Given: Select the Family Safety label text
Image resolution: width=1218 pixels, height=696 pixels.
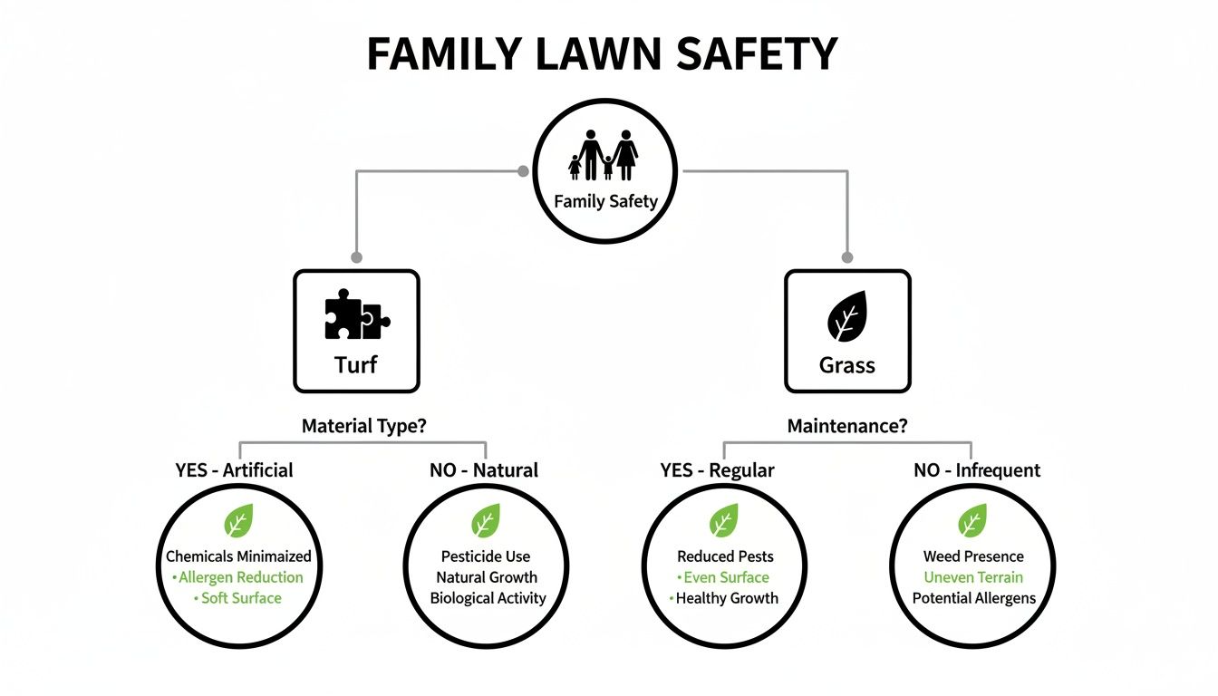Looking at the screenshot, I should (x=604, y=201).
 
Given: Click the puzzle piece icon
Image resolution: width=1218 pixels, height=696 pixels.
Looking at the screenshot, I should (x=356, y=316).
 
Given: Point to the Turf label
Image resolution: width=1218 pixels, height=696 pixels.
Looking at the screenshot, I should (x=356, y=365).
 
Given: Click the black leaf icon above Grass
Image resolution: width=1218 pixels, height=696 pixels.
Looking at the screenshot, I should (x=846, y=316).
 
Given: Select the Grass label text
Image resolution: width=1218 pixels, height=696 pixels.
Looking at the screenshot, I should (x=846, y=365).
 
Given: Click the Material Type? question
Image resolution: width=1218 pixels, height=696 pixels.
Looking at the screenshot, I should (x=363, y=426).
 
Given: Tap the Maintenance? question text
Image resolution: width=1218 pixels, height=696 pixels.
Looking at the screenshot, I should (x=846, y=426).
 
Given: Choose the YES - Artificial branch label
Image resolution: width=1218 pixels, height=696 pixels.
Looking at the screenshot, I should (x=234, y=469).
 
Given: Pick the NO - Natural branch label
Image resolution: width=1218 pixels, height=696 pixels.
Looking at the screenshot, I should (x=484, y=469).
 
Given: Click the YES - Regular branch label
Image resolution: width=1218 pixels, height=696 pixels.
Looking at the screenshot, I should (x=717, y=469).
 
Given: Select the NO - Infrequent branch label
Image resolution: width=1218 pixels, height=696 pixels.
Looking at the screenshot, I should (x=977, y=469).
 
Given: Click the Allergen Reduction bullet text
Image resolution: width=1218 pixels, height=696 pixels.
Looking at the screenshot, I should (x=241, y=577).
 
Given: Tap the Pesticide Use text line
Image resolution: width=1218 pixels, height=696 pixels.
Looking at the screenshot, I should (x=486, y=556).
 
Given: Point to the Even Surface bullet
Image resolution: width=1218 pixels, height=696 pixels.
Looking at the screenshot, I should (x=726, y=577).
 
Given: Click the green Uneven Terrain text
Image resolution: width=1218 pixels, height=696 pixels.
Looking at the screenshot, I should (x=973, y=577).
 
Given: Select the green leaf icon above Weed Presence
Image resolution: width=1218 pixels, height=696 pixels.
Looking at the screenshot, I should (x=972, y=522).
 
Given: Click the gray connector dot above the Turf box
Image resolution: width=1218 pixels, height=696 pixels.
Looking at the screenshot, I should (x=356, y=257).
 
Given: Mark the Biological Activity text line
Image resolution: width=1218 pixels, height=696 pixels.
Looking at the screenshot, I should (x=488, y=598).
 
